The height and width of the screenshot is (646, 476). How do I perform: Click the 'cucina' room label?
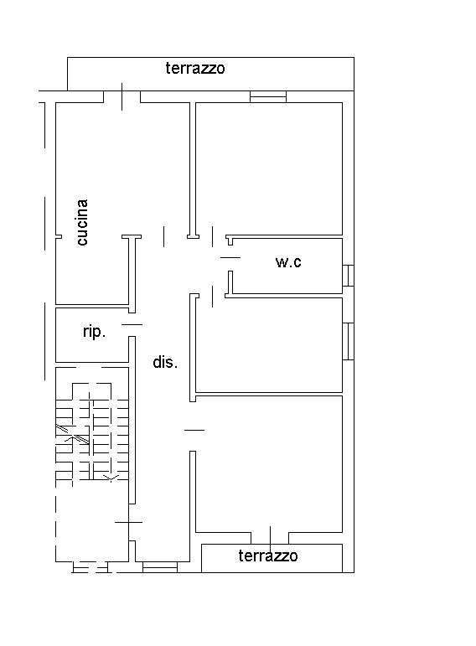click(x=82, y=223)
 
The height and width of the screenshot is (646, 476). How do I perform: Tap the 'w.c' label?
click(x=288, y=261)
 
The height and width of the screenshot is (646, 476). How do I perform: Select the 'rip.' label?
click(x=95, y=331)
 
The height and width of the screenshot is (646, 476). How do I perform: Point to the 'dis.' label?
click(x=165, y=362)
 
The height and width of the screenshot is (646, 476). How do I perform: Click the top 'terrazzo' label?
click(x=195, y=68)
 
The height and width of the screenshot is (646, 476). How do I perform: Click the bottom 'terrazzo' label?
click(x=268, y=556)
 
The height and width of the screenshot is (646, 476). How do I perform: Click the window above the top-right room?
click(x=268, y=96)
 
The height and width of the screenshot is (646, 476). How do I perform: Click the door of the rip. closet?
click(x=132, y=324)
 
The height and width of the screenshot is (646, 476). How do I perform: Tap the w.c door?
click(x=230, y=258)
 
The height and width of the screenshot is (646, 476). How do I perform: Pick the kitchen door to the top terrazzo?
click(x=122, y=97)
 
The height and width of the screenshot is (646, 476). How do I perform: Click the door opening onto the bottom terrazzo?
click(x=270, y=538)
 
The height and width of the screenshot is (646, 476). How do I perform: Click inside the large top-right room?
click(x=269, y=168)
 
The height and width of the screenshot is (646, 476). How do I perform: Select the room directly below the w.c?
click(x=269, y=345)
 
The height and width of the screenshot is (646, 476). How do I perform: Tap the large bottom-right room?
click(x=269, y=464)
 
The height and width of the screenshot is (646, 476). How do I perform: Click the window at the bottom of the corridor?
click(x=160, y=567)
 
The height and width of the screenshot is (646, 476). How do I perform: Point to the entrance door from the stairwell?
click(x=129, y=522)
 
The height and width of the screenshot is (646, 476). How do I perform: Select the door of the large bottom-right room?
click(x=194, y=430)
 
